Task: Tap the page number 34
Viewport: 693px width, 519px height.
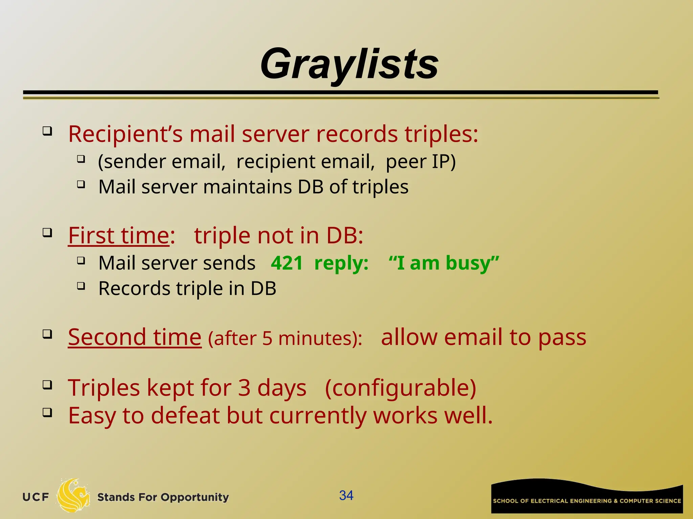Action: coord(346,495)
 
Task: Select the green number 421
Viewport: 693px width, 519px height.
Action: coord(287,263)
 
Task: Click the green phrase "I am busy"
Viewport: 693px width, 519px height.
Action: coord(444,263)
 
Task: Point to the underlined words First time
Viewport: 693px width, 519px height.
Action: coord(118,236)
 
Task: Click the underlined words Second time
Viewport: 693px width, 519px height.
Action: coord(135,337)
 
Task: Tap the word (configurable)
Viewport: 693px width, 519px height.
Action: coord(400,388)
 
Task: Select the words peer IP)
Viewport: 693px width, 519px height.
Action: coord(421,162)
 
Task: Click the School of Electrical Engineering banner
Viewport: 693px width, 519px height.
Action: coord(587,497)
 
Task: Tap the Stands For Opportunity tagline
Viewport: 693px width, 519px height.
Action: coord(163,497)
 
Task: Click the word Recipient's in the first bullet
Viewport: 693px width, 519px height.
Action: coord(125,134)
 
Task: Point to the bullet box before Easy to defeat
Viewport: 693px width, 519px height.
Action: coord(47,413)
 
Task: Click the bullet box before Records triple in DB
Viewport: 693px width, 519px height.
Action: coord(81,286)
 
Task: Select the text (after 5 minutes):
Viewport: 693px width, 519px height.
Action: coord(285,338)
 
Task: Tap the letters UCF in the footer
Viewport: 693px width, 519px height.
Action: coord(36,497)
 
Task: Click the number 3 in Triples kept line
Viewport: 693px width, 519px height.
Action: coord(244,388)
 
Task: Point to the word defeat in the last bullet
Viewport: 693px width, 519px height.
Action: coord(185,415)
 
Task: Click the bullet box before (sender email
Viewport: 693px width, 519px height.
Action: coord(81,159)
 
